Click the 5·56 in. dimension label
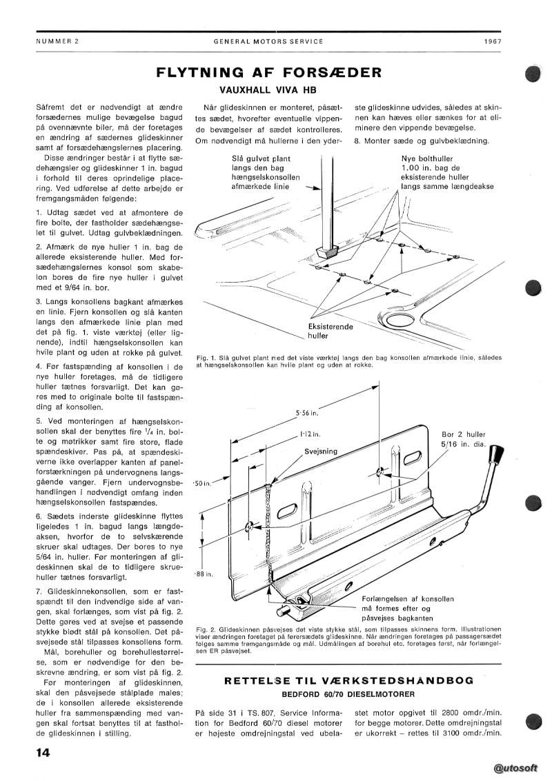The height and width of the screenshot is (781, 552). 306,414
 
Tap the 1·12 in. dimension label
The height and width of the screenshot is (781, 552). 308,435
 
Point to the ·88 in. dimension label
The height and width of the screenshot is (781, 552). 203,574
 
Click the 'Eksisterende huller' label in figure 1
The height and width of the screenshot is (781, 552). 329,331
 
